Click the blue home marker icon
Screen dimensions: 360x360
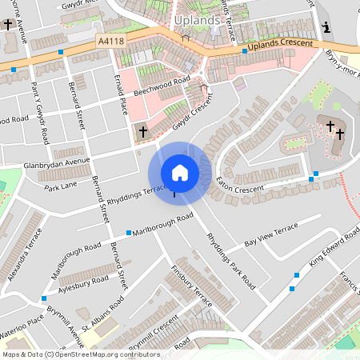tap(180, 173)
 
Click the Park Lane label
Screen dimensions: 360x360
tap(61, 187)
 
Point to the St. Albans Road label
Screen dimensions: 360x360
tap(104, 308)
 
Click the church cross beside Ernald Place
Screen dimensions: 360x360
tap(144, 131)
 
